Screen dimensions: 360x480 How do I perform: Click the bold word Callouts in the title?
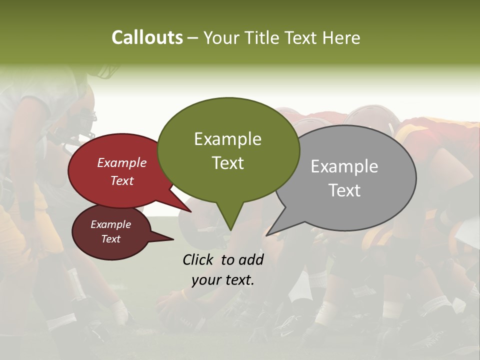point(147,37)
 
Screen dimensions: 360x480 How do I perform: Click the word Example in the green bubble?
point(227,139)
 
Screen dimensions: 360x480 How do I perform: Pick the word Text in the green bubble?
point(227,162)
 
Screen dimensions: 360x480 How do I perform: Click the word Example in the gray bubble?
point(344,166)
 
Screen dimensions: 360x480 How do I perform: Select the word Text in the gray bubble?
point(344,190)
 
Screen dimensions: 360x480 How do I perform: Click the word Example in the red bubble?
point(122,162)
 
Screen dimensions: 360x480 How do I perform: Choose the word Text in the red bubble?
point(122,180)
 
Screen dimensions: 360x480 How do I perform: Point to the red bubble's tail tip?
point(190,211)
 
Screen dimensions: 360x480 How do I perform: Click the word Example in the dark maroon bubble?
point(111,224)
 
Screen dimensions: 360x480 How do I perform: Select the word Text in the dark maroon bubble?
point(111,239)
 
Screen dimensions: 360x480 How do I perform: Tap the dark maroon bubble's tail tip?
point(173,239)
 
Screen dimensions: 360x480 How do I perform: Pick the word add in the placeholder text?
point(251,259)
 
